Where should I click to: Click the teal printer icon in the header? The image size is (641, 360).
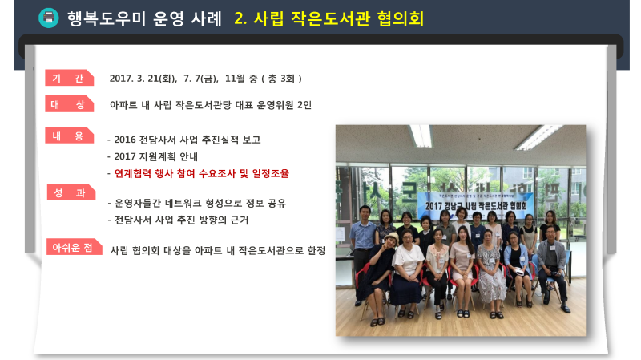click(x=49, y=18)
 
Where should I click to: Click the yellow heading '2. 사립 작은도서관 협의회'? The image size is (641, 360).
click(x=329, y=18)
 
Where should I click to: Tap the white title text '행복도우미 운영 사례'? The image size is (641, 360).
click(x=144, y=18)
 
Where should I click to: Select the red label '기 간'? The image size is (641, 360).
click(x=69, y=78)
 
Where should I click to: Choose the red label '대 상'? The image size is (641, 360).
click(x=69, y=104)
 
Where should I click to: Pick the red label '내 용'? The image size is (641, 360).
click(x=69, y=136)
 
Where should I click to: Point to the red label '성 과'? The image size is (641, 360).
click(x=71, y=192)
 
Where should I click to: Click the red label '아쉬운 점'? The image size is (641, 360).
click(x=74, y=247)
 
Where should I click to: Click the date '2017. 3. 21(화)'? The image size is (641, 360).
click(x=143, y=79)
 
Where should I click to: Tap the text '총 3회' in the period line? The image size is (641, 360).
click(x=282, y=79)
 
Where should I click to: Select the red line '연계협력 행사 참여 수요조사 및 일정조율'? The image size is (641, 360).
click(x=202, y=173)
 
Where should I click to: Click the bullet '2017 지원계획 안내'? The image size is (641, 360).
click(x=155, y=156)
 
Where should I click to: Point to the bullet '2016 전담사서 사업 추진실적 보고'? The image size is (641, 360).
click(x=187, y=140)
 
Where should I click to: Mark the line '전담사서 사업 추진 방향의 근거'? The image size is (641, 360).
click(x=182, y=220)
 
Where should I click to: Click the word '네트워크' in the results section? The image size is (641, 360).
click(x=183, y=204)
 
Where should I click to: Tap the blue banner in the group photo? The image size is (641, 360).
click(x=475, y=204)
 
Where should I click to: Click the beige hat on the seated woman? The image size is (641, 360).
click(x=391, y=237)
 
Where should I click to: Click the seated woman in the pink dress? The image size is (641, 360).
click(x=462, y=270)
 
